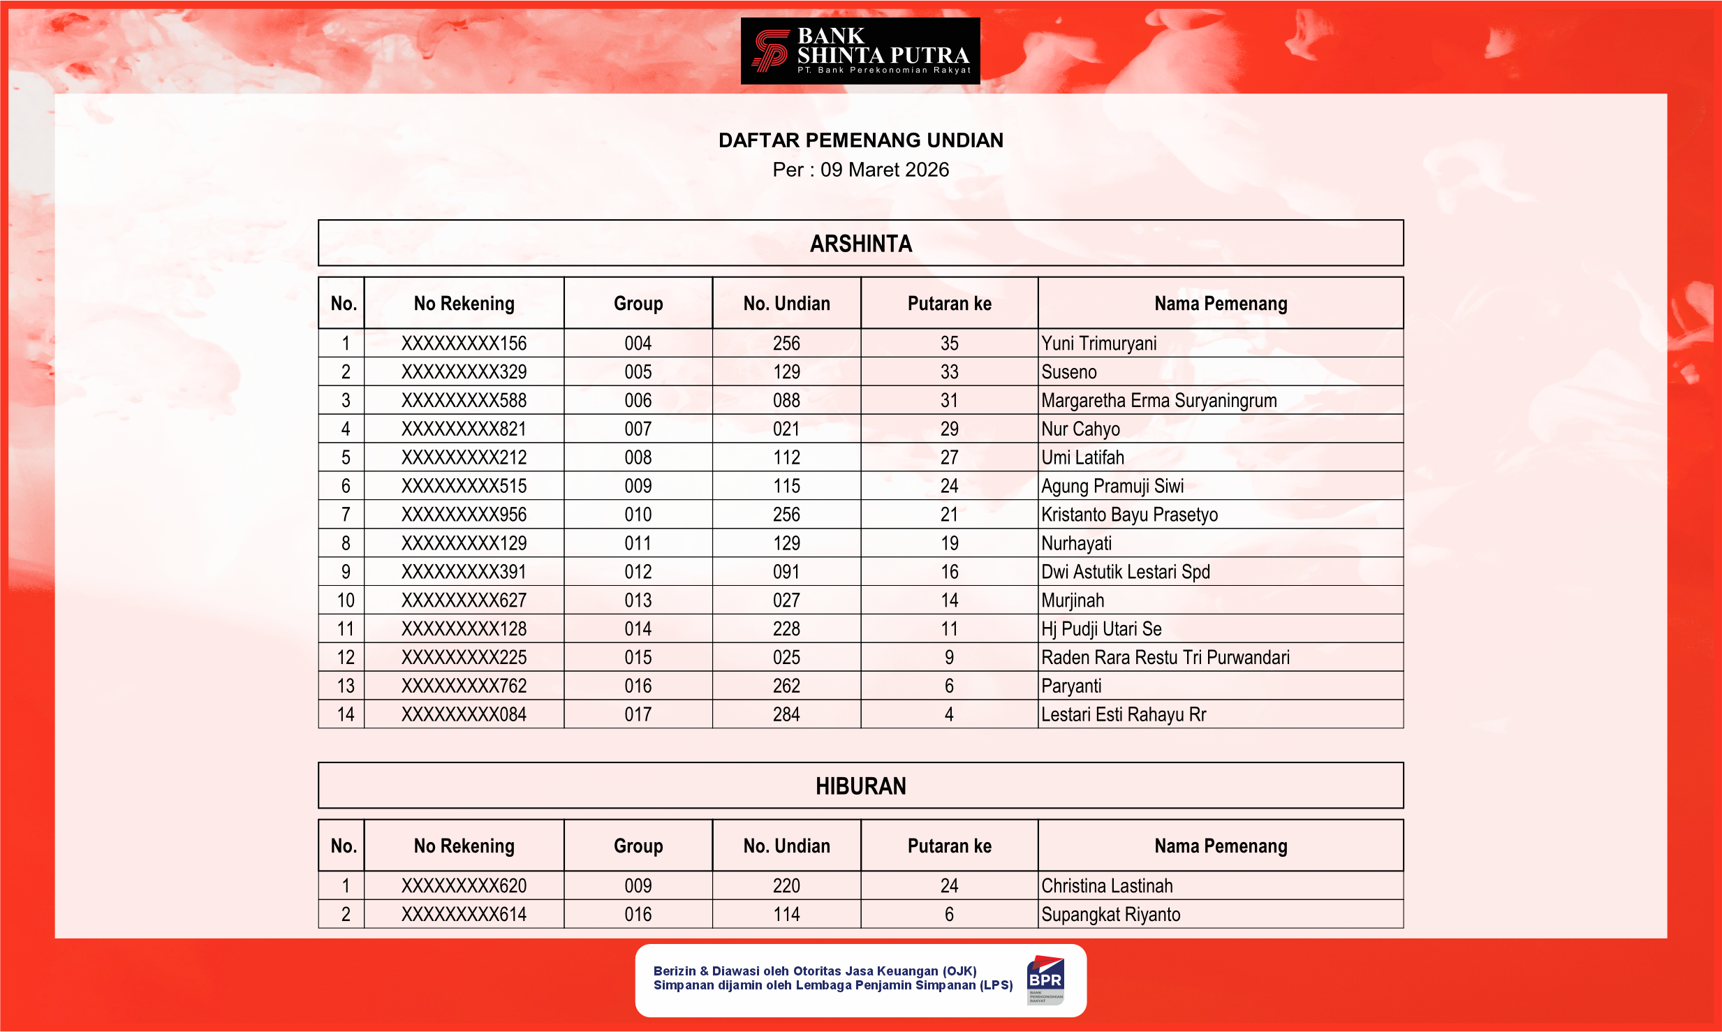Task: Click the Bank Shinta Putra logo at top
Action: [x=860, y=51]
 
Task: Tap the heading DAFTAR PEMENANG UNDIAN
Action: [x=860, y=140]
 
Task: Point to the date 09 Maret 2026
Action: [x=884, y=170]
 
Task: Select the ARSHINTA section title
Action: [x=860, y=244]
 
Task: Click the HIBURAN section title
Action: [x=860, y=786]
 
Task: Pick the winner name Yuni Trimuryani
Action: [x=1098, y=344]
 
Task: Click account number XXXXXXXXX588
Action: [x=464, y=401]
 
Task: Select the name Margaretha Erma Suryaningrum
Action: [x=1158, y=401]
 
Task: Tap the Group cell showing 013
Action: [x=638, y=600]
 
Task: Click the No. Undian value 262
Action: [x=786, y=686]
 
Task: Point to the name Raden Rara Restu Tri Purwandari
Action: [x=1165, y=658]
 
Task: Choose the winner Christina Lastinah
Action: [x=1107, y=886]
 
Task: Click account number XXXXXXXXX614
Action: [x=464, y=915]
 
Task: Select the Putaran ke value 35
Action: [x=949, y=344]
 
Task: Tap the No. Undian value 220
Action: [x=786, y=886]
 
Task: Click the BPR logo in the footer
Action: [x=1045, y=980]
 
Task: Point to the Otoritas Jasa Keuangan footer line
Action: [x=814, y=971]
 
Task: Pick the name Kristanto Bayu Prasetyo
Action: [x=1129, y=515]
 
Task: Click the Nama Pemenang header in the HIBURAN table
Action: [x=1220, y=846]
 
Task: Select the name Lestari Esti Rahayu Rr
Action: [x=1123, y=715]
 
